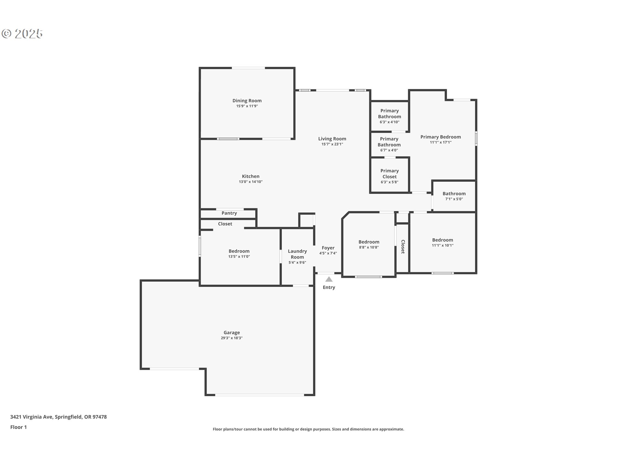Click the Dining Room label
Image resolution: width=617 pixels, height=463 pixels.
click(x=247, y=101)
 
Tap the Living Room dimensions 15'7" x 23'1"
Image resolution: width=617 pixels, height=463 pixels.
click(x=332, y=144)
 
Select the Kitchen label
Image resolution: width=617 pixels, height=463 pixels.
click(x=251, y=176)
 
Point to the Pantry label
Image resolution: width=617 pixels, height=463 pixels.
click(x=229, y=213)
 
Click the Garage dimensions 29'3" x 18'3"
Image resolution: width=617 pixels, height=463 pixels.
click(x=232, y=338)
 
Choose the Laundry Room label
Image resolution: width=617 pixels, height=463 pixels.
click(x=297, y=254)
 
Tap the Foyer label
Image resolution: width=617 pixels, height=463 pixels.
click(x=328, y=248)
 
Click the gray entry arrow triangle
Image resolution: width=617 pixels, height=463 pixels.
click(x=329, y=279)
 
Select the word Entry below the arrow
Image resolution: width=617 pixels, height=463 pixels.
click(x=329, y=287)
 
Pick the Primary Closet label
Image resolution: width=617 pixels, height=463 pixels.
click(x=389, y=174)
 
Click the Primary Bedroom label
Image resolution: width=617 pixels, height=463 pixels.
click(x=441, y=137)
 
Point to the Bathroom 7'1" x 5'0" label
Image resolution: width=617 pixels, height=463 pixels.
click(x=454, y=196)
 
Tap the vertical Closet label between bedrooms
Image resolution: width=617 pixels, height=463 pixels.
click(x=403, y=247)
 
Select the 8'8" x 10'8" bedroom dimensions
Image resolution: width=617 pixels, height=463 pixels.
click(x=369, y=247)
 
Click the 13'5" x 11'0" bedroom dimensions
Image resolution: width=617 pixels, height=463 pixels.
click(x=239, y=257)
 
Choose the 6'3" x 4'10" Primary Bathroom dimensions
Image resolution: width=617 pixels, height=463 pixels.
click(x=389, y=122)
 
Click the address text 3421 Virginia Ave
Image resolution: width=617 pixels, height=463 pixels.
click(x=31, y=417)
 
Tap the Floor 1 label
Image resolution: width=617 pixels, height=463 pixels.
click(x=18, y=427)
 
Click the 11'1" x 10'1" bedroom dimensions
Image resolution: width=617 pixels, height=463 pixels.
click(x=443, y=245)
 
